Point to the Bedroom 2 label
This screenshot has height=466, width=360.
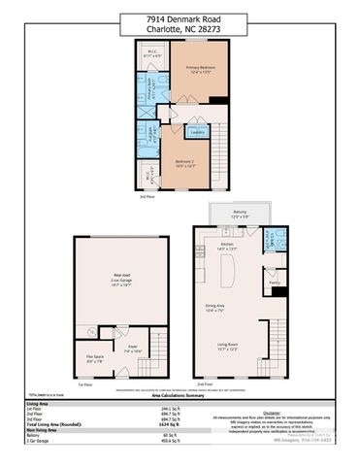point(185,162)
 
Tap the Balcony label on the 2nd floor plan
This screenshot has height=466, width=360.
point(240,214)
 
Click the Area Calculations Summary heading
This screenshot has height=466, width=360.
point(179,396)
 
